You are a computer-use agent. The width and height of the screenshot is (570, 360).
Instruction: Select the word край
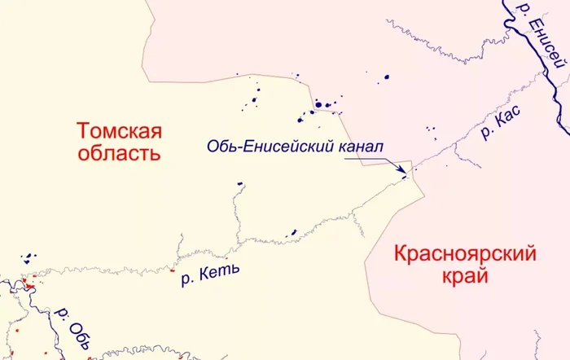pos(466,276)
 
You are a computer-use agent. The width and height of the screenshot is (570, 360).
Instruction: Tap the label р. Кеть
pos(209,275)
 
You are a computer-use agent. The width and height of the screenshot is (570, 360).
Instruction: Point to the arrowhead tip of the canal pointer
pos(405,173)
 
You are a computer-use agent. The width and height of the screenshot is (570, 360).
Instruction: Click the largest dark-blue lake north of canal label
pos(319,104)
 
